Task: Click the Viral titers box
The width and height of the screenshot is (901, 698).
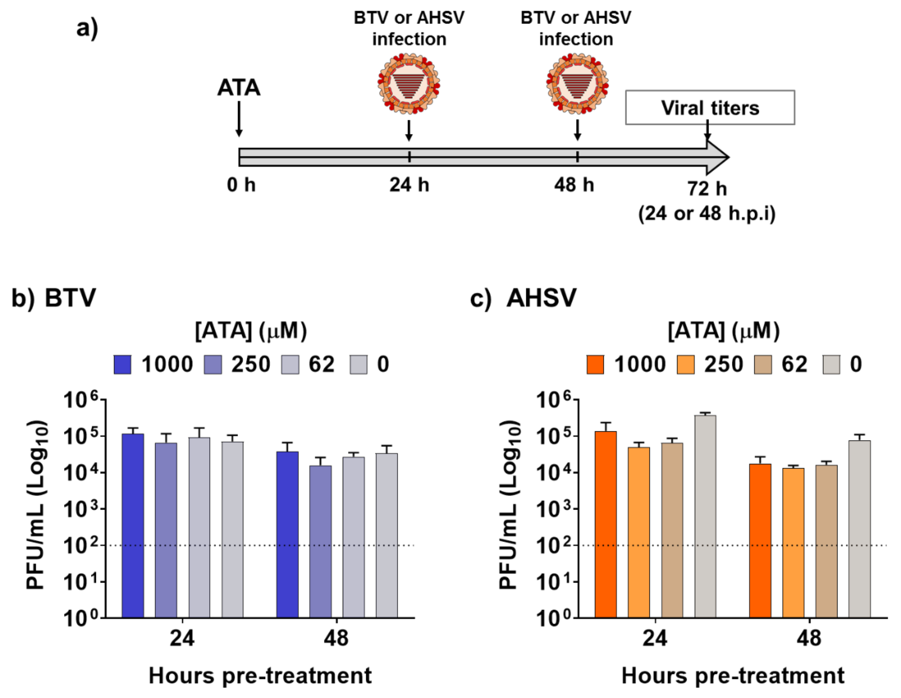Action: coord(710,107)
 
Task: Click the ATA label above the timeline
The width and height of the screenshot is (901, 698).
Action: coord(239,88)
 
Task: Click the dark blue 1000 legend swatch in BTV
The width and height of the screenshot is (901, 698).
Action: coord(122,364)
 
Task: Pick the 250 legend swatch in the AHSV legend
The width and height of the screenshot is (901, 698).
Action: coord(686,364)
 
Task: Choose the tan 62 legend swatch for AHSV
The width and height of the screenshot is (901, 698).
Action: coord(763,364)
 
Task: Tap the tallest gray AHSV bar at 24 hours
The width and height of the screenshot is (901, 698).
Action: coord(705,516)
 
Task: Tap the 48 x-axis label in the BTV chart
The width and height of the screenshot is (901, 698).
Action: coord(336,638)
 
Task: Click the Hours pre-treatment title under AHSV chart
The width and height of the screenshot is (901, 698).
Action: coord(733,676)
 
